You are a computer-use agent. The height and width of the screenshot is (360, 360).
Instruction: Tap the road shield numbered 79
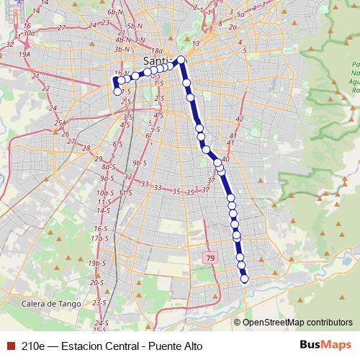210,258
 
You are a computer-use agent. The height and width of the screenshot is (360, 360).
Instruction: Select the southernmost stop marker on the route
244,279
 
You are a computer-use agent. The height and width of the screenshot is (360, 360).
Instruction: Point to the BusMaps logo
325,345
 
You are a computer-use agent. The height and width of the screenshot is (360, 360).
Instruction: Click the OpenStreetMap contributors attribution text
297,322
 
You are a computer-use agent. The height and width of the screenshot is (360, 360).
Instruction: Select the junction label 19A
25,53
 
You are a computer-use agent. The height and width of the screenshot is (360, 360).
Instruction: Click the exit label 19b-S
97,264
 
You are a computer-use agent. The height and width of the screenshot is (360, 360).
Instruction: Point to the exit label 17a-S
99,238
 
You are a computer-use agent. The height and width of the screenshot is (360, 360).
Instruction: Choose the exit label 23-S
100,302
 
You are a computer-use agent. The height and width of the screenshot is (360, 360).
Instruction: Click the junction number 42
240,118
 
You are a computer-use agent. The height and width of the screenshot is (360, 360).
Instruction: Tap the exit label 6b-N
114,12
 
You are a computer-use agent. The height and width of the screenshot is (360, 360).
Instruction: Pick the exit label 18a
157,50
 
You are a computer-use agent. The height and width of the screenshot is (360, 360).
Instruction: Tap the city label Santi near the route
157,61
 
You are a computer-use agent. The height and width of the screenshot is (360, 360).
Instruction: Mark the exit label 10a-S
105,193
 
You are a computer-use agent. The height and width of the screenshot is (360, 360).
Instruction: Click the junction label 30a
29,33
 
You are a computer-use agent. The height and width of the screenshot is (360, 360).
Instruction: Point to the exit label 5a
242,14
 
